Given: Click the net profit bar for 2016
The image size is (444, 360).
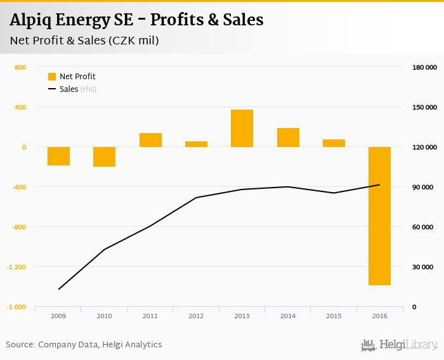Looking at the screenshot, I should click(x=379, y=215).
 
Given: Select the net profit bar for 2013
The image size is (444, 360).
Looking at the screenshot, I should click(x=242, y=128).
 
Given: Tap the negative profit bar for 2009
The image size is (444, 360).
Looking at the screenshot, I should click(x=58, y=156).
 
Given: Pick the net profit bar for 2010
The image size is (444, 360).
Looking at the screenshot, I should click(x=104, y=157).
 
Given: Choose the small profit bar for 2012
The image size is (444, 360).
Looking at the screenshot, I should click(x=196, y=144).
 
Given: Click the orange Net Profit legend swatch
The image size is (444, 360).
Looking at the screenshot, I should click(x=52, y=77).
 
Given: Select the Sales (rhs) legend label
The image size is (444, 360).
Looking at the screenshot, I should click(x=78, y=89).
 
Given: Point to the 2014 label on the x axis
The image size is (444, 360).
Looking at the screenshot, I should click(x=287, y=315).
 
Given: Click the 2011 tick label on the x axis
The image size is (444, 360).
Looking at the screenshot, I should click(x=150, y=315).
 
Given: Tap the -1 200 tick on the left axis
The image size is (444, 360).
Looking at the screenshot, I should click(x=16, y=267).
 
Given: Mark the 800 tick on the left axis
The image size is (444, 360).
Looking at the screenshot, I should click(x=20, y=67).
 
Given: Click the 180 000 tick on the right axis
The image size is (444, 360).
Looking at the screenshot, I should click(x=425, y=67).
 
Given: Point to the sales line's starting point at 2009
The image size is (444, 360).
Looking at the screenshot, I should click(x=58, y=289).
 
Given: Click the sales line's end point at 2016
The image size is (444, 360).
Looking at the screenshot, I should click(x=379, y=184).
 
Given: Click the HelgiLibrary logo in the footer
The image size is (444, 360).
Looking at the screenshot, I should click(x=400, y=345).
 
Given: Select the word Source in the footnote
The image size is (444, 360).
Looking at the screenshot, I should click(x=20, y=345).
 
